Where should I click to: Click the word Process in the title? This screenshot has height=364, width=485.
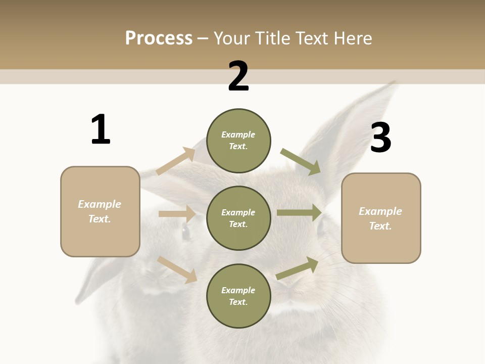point(159,38)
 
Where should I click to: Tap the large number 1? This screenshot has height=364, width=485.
point(101,129)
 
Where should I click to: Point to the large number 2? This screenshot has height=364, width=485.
point(238,76)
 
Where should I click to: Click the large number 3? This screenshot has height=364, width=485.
point(380,138)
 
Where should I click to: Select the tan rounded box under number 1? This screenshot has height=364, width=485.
point(100,211)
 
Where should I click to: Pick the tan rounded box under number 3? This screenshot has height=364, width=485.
point(381,218)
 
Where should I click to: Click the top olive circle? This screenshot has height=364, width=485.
point(238,141)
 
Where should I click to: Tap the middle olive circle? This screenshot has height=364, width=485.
point(238,218)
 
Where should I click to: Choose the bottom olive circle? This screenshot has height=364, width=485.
point(238,296)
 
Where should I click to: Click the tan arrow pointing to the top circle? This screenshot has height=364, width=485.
point(176,161)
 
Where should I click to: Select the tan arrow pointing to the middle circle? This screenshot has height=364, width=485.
point(177,214)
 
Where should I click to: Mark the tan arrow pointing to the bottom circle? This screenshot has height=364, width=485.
point(177,269)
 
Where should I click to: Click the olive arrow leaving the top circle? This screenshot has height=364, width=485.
point(301,161)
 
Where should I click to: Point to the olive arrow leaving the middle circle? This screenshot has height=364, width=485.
point(299,213)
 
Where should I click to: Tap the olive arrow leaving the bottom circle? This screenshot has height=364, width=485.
point(297,268)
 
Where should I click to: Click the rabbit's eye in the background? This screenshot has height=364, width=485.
point(185,232)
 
